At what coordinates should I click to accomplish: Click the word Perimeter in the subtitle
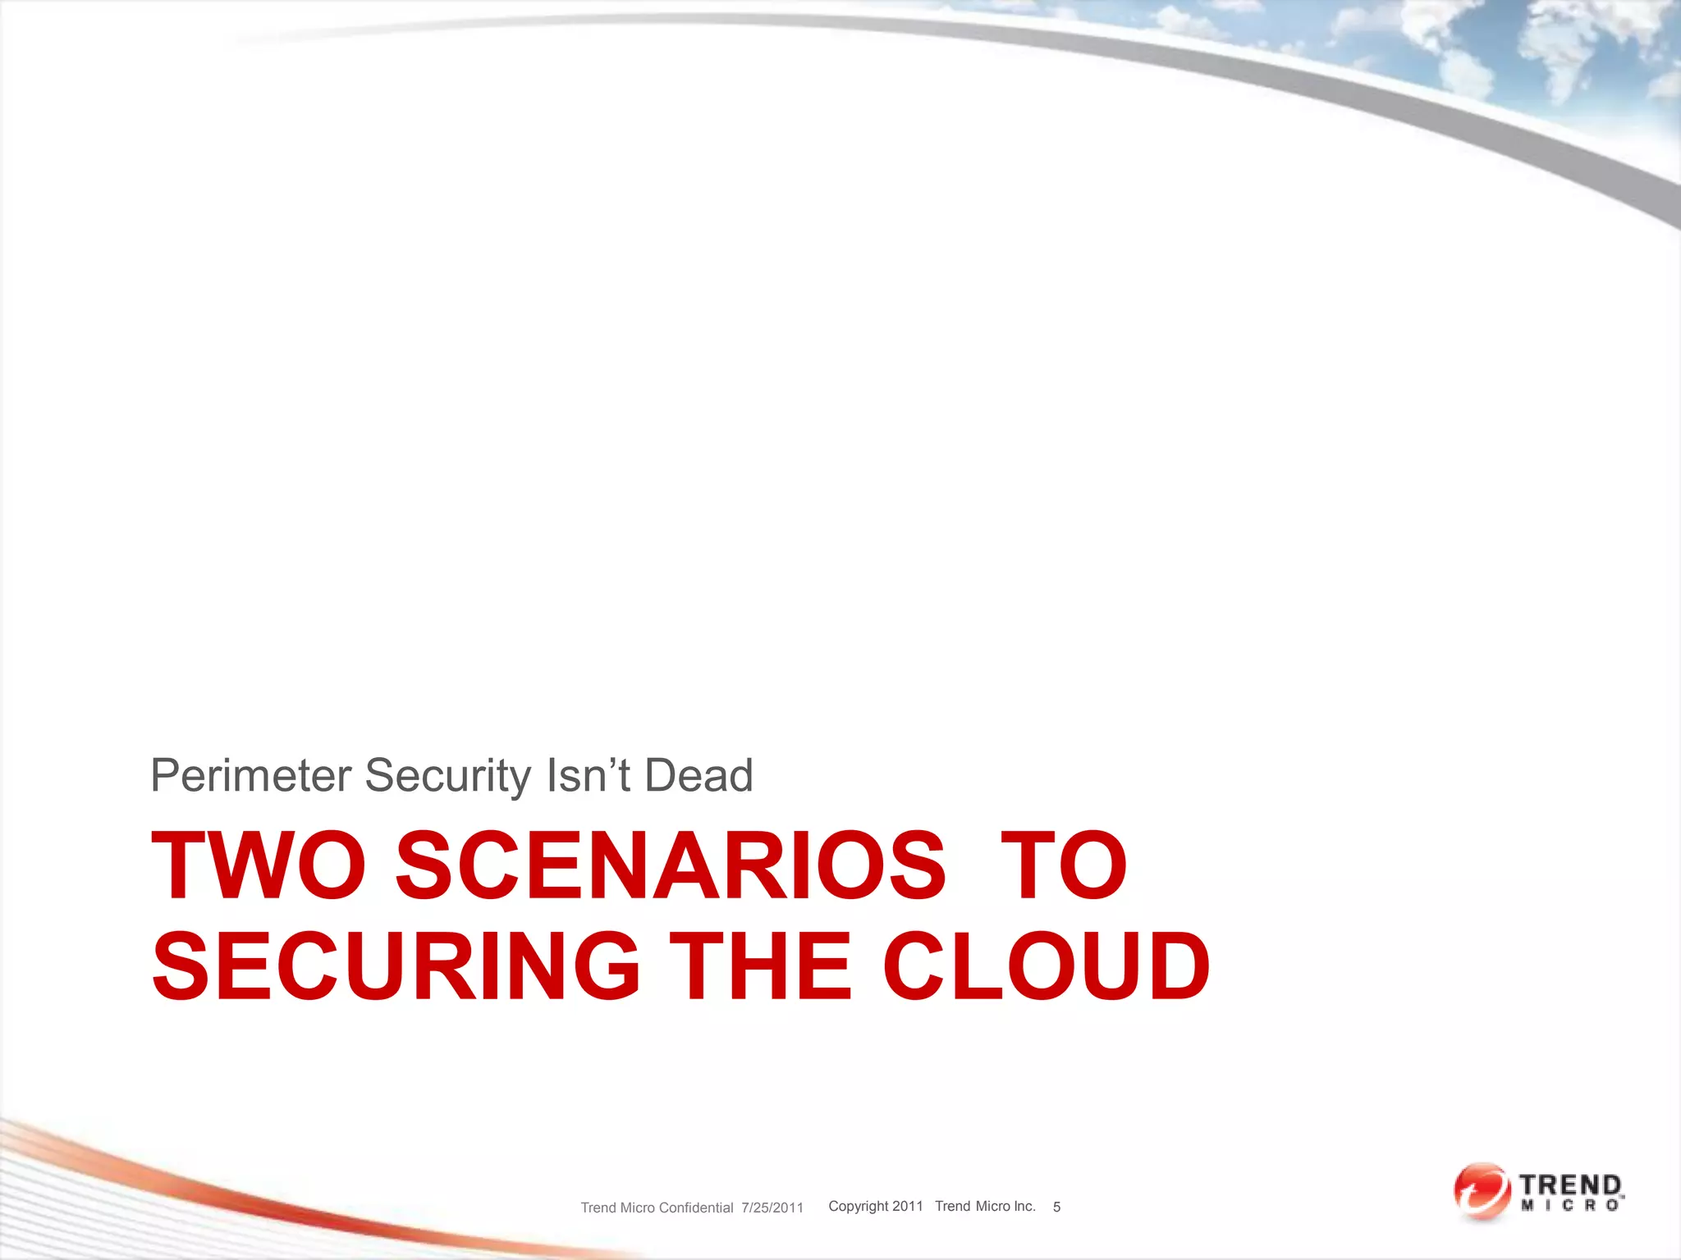pyautogui.click(x=250, y=776)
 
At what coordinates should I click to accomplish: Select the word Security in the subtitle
pyautogui.click(x=448, y=776)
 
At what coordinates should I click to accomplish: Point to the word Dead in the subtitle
pyautogui.click(x=699, y=776)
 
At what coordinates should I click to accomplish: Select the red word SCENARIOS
pyautogui.click(x=671, y=866)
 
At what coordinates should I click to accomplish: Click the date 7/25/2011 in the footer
pyautogui.click(x=772, y=1207)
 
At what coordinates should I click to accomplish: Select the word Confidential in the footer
pyautogui.click(x=695, y=1207)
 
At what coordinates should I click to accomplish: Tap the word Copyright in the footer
pyautogui.click(x=858, y=1206)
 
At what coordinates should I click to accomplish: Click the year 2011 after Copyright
pyautogui.click(x=907, y=1206)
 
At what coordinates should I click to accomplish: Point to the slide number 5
pyautogui.click(x=1056, y=1207)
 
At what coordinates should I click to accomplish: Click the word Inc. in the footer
pyautogui.click(x=1024, y=1206)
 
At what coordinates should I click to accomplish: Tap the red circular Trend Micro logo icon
pyautogui.click(x=1482, y=1191)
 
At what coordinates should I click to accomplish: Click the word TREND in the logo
pyautogui.click(x=1570, y=1185)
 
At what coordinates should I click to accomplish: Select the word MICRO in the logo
pyautogui.click(x=1569, y=1205)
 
